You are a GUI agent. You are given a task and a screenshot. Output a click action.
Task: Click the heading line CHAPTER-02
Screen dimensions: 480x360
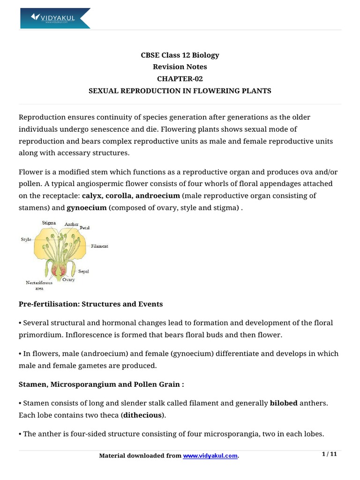[180, 79]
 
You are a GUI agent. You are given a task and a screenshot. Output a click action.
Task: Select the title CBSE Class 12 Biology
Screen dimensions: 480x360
[180, 55]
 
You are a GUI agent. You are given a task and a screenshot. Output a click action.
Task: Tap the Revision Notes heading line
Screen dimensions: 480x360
[180, 67]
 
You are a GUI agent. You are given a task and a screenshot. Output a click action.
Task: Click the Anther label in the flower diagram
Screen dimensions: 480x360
[72, 224]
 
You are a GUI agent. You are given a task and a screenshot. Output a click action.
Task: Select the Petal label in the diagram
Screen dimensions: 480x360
[84, 228]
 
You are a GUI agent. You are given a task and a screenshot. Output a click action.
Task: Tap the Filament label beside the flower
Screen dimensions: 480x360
[98, 246]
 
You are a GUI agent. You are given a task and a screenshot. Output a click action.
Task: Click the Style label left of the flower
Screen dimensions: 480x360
[26, 240]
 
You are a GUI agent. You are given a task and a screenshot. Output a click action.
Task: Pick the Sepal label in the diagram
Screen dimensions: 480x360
[84, 271]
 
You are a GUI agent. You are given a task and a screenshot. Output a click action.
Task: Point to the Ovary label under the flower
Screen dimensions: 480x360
[68, 279]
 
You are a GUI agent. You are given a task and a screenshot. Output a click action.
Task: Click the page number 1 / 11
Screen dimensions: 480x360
[330, 454]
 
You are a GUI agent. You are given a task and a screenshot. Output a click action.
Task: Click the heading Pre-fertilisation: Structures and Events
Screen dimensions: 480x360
[90, 304]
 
